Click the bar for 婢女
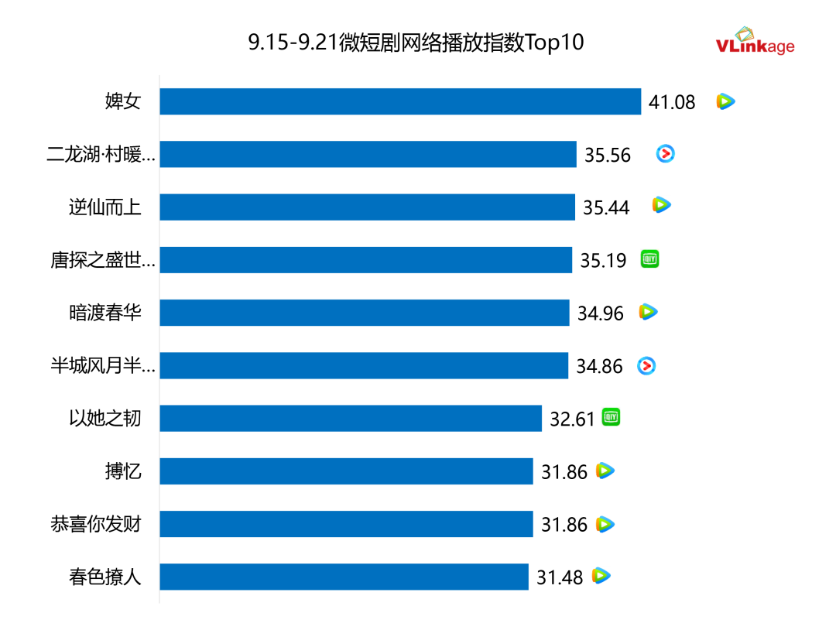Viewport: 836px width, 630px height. tap(400, 101)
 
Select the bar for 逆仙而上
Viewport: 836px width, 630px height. tap(367, 207)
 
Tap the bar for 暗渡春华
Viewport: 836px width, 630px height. tap(365, 313)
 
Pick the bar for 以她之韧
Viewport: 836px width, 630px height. tap(351, 419)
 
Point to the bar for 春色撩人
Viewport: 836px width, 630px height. tap(344, 577)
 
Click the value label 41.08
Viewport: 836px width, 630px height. tap(672, 102)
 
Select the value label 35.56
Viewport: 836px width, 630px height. tap(608, 155)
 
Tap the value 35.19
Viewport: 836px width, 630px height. tap(603, 261)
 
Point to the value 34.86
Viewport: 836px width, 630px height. tap(599, 366)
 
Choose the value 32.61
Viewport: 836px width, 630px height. tap(572, 419)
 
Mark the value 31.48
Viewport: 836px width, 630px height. tap(560, 577)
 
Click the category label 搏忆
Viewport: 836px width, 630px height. tap(123, 471)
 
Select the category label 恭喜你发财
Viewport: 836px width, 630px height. tap(96, 524)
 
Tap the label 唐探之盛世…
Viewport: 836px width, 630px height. tap(103, 261)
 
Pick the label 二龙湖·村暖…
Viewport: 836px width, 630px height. tap(101, 155)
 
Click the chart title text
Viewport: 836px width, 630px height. tap(416, 43)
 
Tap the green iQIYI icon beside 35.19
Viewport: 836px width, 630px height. tap(649, 260)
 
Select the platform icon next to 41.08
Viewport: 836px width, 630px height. tap(725, 101)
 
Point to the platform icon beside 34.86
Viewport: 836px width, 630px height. tap(646, 366)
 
